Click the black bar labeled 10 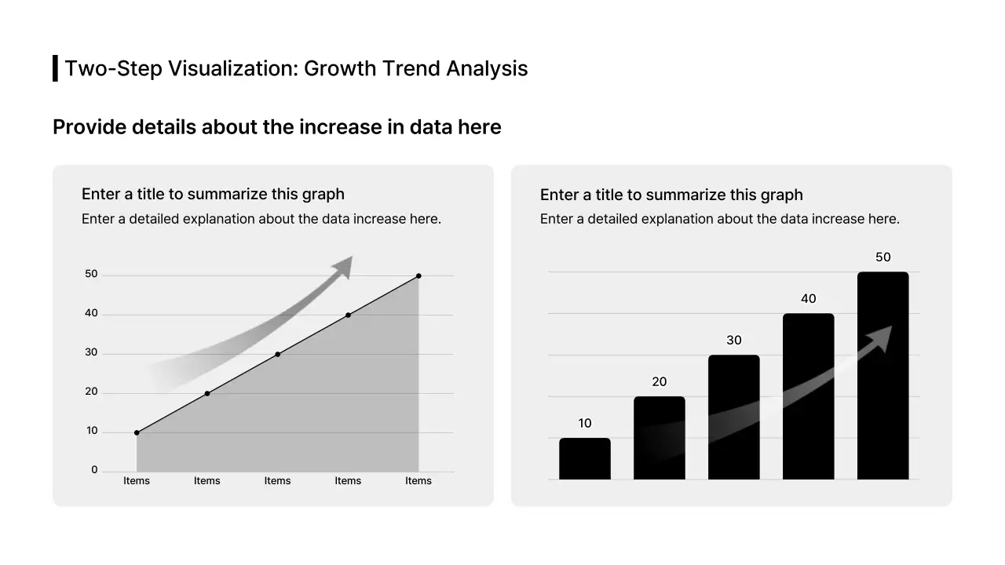pyautogui.click(x=584, y=459)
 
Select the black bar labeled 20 pyautogui.click(x=659, y=438)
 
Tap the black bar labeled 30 pyautogui.click(x=733, y=417)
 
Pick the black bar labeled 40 pyautogui.click(x=808, y=396)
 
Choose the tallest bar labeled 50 pyautogui.click(x=883, y=376)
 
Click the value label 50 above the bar pyautogui.click(x=883, y=257)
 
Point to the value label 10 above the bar pyautogui.click(x=584, y=424)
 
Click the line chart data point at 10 pyautogui.click(x=137, y=432)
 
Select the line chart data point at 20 pyautogui.click(x=207, y=393)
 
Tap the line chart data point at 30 pyautogui.click(x=277, y=354)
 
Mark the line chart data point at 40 pyautogui.click(x=348, y=315)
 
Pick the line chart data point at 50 pyautogui.click(x=418, y=275)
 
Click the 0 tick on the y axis pyautogui.click(x=94, y=470)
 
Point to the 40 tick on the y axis pyautogui.click(x=91, y=313)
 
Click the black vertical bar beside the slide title pyautogui.click(x=55, y=68)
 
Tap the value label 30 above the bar pyautogui.click(x=733, y=341)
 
